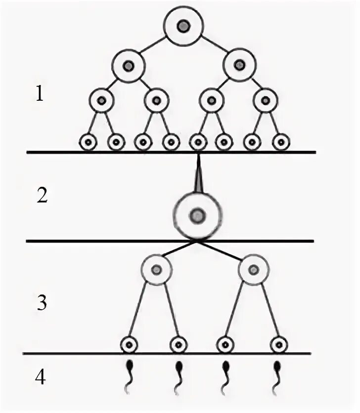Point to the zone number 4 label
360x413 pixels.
pyautogui.click(x=41, y=378)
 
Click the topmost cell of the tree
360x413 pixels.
pyautogui.click(x=183, y=25)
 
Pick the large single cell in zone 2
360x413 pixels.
pyautogui.click(x=197, y=215)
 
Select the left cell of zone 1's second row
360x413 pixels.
pyautogui.click(x=128, y=65)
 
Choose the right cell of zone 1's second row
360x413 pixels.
pyautogui.click(x=239, y=65)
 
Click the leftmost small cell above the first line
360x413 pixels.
pyautogui.click(x=88, y=142)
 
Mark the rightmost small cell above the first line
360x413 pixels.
pyautogui.click(x=281, y=142)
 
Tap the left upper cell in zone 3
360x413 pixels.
pyautogui.click(x=156, y=269)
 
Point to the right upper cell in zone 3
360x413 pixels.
pyautogui.click(x=253, y=270)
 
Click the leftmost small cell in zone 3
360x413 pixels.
pyautogui.click(x=129, y=344)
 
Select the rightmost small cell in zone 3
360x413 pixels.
pyautogui.click(x=279, y=344)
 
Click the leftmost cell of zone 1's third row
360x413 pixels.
pyautogui.click(x=101, y=100)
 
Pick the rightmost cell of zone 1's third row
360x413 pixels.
pyautogui.click(x=267, y=100)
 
